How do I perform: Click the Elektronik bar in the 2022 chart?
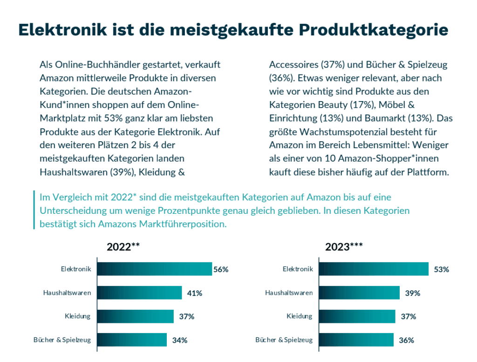point(154,269)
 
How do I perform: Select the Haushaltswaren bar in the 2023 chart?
point(360,293)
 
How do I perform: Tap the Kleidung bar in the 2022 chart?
point(135,316)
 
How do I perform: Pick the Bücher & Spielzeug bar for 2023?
point(356,340)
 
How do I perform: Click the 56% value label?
point(221,269)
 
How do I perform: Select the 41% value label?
point(194,293)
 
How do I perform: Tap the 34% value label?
point(179,340)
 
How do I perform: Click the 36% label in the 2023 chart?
point(406,340)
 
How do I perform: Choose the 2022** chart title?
point(123,247)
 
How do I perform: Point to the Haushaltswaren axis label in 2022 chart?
point(67,293)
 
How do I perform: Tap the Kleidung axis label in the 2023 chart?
point(300,316)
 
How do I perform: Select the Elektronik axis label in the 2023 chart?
point(298,269)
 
